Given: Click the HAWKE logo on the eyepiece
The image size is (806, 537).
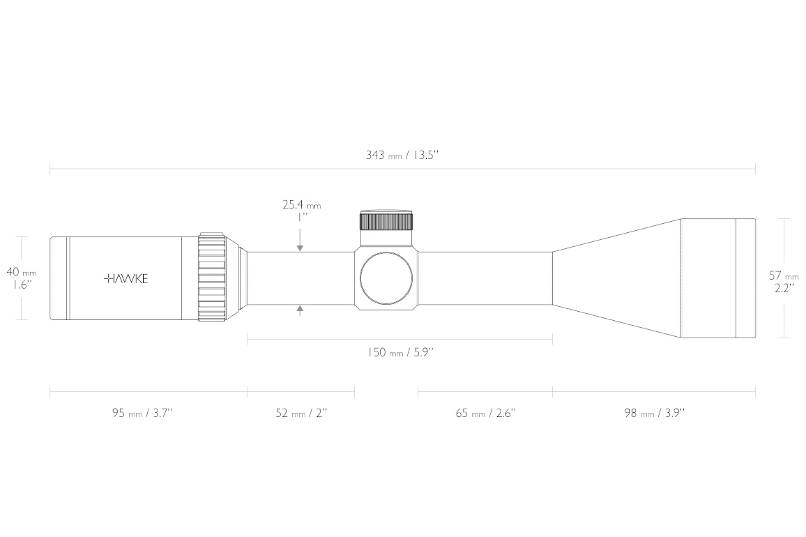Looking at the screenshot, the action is click(126, 279).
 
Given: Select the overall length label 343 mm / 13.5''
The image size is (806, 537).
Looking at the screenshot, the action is click(402, 155).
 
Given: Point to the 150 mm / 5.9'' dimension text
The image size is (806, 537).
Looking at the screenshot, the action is click(400, 352).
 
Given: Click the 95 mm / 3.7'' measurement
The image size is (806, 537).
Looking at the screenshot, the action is click(142, 413).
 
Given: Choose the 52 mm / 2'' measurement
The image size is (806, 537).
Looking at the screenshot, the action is click(301, 413).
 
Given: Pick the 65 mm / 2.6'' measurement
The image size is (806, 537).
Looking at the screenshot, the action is click(486, 413).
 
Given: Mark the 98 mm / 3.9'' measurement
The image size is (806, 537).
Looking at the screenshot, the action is click(655, 413).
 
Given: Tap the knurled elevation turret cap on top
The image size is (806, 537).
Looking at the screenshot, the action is click(386, 220).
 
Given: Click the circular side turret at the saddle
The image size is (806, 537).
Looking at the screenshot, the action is click(386, 278).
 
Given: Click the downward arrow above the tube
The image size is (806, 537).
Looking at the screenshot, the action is click(301, 241).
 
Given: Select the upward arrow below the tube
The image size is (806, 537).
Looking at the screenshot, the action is click(301, 310).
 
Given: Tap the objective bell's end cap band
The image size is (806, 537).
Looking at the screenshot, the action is click(746, 278).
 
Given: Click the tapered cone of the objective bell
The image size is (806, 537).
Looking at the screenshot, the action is click(617, 278).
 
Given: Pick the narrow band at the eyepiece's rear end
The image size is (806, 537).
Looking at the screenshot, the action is click(59, 278).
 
